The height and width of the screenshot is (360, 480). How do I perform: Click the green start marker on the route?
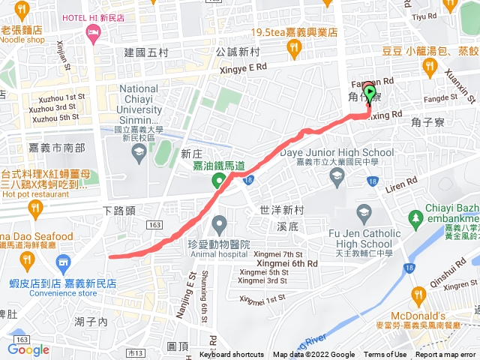tap(368, 93)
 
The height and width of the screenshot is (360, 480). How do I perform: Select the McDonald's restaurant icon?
tap(418, 295)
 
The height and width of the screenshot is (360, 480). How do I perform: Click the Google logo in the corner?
tap(28, 349)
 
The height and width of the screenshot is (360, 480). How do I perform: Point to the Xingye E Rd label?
tap(241, 67)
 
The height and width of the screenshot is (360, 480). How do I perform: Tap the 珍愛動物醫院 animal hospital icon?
tap(219, 223)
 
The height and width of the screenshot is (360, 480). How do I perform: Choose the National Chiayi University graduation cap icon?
tap(139, 154)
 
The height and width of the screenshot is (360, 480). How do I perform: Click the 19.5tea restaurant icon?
tap(293, 49)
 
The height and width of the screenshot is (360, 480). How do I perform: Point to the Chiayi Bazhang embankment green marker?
tap(417, 219)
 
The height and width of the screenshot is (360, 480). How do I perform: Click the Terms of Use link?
tap(385, 355)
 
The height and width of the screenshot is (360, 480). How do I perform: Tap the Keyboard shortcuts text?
tap(232, 355)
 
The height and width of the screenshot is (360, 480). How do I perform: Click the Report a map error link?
tap(446, 355)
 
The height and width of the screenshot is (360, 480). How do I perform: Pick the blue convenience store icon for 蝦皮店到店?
tap(63, 262)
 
